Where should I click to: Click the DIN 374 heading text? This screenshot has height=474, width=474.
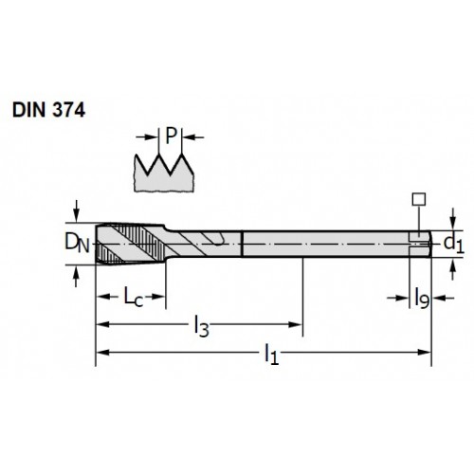(x=48, y=111)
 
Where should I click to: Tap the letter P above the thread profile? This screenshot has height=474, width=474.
(x=171, y=136)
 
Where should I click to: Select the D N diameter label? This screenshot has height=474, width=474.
(x=77, y=244)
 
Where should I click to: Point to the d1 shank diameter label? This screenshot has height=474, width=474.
(x=454, y=244)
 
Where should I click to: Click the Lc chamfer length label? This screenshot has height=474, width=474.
(x=134, y=297)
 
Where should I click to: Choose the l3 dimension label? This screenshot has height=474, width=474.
(x=201, y=327)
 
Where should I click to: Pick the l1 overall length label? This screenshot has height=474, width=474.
(x=271, y=355)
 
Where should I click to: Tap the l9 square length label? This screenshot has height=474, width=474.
(x=422, y=298)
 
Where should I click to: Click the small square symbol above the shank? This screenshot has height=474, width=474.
(x=419, y=199)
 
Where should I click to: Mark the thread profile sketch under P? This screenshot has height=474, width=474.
(x=164, y=173)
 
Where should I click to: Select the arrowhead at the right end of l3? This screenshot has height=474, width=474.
(x=296, y=324)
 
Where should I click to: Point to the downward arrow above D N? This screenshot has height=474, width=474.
(x=76, y=211)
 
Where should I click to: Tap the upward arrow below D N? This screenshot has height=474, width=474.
(x=76, y=276)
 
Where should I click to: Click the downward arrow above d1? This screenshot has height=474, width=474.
(x=453, y=219)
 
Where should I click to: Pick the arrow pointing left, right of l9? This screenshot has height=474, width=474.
(x=443, y=298)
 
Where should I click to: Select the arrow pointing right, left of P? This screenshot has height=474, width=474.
(x=147, y=137)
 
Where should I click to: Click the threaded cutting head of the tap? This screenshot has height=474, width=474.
(x=130, y=244)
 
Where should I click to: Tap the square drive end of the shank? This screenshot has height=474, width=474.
(x=420, y=244)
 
